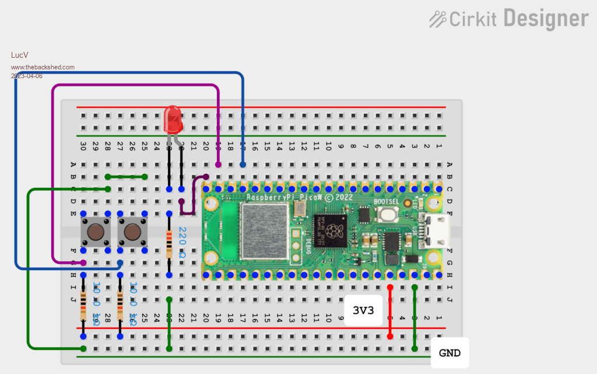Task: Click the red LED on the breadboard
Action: (173, 119)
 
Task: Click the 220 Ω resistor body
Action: (169, 244)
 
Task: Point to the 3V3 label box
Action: (363, 310)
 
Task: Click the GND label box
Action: (449, 353)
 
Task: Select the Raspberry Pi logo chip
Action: (330, 231)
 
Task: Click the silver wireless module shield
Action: (264, 231)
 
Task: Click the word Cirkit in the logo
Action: (472, 19)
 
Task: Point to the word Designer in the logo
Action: (546, 19)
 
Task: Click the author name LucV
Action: (19, 55)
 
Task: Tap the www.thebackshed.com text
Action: (43, 67)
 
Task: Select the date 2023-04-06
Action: (27, 76)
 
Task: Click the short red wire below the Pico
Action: (390, 312)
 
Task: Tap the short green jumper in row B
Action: (127, 176)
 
